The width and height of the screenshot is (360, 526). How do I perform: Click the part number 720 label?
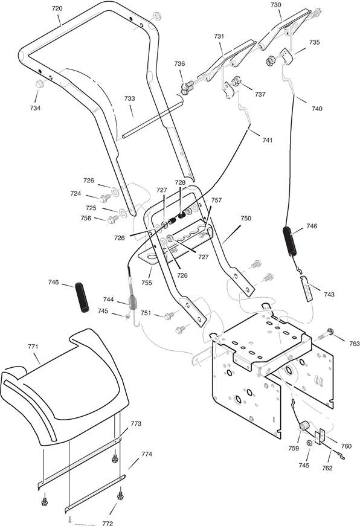pos(57,8)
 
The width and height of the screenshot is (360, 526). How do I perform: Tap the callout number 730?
pos(275,5)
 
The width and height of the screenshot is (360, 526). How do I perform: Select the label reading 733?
pos(129,98)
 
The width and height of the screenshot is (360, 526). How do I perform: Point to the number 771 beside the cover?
pos(33,347)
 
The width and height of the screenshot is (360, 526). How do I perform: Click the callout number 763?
pos(354,344)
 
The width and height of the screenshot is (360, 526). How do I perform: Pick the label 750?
pos(246,218)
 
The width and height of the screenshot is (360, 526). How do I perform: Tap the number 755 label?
pos(146,283)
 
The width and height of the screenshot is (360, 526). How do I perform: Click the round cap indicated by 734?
pos(40,83)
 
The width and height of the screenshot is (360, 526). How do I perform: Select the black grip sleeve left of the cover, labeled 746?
pos(82,298)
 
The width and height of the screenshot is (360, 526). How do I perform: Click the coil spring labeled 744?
pos(133,301)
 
